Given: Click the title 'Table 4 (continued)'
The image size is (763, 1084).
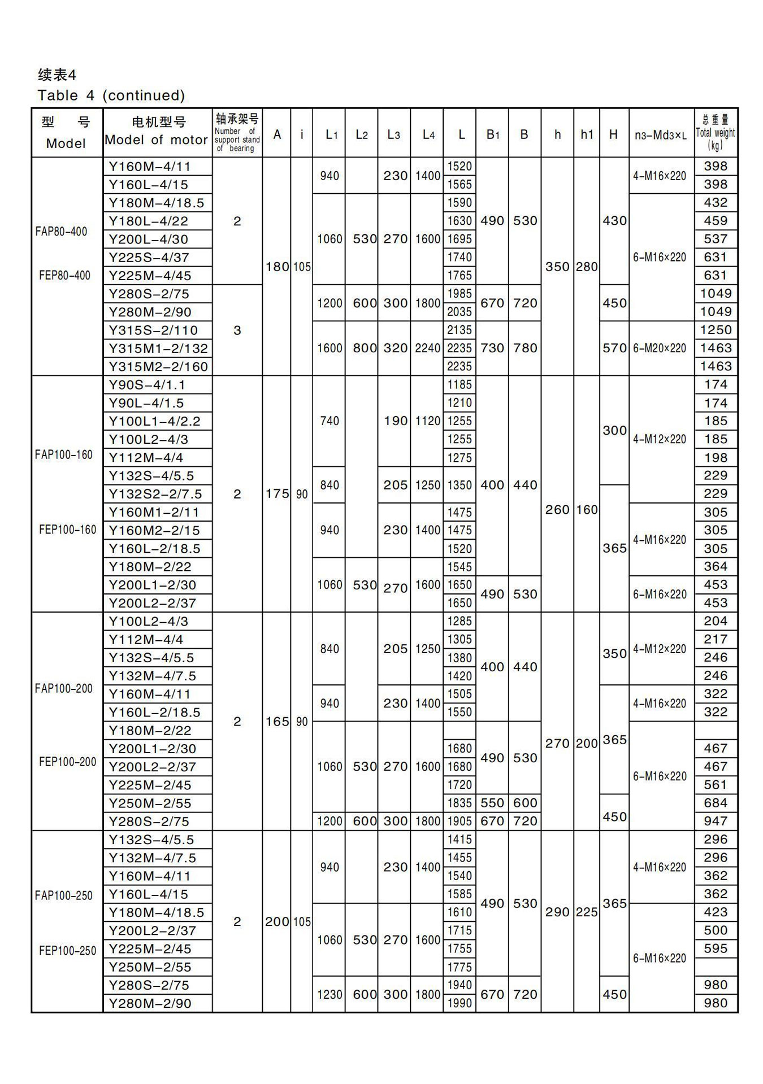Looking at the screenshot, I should coord(111,95).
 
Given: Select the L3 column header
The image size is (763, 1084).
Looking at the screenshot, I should coord(393,134).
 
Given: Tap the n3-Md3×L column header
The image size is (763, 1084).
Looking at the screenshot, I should coord(661,135).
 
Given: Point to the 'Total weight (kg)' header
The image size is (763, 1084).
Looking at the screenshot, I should coord(716,133).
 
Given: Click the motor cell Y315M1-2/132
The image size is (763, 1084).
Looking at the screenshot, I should coord(158,348).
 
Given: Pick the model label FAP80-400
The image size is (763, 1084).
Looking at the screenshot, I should coord(61,231).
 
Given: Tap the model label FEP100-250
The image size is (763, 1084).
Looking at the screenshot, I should coord(67,950).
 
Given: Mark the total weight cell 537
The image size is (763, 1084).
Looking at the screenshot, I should coord(715,239).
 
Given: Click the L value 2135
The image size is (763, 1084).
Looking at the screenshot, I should coord(459,330).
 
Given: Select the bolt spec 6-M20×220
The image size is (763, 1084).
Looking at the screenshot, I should coord(660,348).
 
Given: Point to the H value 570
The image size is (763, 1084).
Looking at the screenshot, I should coord(614,348).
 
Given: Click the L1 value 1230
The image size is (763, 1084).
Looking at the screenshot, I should coord(330,994).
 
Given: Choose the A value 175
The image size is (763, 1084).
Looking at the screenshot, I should coord(277,494).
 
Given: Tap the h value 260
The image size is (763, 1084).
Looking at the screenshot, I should coord(557,510).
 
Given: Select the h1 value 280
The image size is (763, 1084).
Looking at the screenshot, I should coord(587,266).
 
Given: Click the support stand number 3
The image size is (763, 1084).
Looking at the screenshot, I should coord(237,330).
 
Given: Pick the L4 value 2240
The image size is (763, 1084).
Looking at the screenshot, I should coord(427,348).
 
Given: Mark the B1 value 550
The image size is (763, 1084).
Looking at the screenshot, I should coord(492,803).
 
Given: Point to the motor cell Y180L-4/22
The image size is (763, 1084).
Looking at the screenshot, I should coord(148,221).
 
